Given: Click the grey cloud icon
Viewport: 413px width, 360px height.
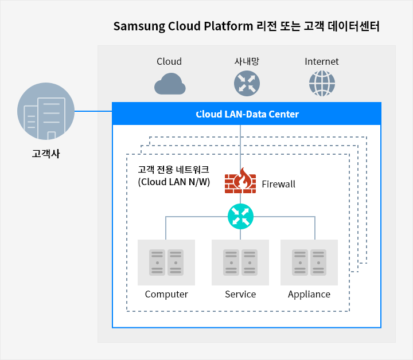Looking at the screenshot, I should [x=169, y=84].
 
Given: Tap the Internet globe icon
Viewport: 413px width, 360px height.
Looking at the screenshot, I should [x=322, y=83].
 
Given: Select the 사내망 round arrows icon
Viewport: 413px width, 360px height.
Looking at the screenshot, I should [x=247, y=83].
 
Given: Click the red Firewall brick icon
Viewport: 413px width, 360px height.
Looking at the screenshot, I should [x=240, y=182].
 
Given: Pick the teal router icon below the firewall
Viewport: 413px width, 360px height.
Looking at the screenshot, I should [x=240, y=216].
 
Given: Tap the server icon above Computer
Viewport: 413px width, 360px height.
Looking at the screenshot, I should [x=166, y=263].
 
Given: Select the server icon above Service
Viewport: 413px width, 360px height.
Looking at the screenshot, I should [x=240, y=263].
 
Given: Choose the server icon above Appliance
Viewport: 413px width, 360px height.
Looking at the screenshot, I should [x=309, y=263].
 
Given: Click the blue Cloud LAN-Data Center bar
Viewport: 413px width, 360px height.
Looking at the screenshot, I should [x=247, y=114].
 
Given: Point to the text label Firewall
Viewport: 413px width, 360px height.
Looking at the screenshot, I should [x=278, y=184].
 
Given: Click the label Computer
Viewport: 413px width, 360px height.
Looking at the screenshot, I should [x=166, y=294].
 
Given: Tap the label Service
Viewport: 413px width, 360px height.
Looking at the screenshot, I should [x=240, y=294].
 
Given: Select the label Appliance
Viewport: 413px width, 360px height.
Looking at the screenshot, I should [x=309, y=294].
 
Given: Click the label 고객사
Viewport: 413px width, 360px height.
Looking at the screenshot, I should [x=46, y=153].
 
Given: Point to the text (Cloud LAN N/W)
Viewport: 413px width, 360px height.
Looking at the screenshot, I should [x=174, y=182].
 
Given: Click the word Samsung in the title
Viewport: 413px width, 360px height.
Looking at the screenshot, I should [x=135, y=26].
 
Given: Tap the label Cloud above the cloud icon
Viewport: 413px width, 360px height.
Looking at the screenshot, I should [x=169, y=61].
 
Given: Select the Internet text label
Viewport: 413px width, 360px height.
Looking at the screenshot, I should [x=322, y=61].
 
